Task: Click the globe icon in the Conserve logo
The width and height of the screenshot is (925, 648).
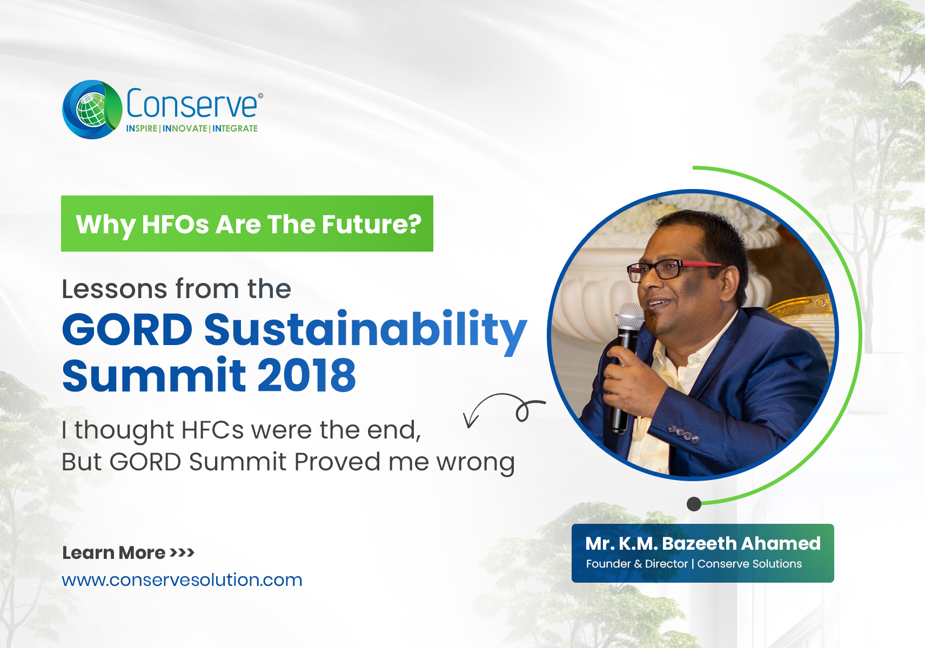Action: click(92, 110)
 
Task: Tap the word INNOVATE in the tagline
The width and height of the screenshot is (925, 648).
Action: click(185, 129)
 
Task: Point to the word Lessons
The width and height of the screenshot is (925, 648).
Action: click(115, 288)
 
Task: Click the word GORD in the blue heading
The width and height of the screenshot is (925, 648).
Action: click(127, 329)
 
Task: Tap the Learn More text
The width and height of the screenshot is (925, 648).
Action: click(113, 552)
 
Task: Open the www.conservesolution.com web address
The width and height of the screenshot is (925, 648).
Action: click(182, 580)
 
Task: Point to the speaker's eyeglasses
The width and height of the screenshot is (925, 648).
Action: click(673, 270)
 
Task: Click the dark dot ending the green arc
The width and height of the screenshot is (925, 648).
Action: click(694, 504)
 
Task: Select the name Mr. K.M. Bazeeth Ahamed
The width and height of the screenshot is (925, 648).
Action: click(703, 544)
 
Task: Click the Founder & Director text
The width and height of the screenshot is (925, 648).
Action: click(637, 564)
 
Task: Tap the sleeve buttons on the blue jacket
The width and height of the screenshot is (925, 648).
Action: click(684, 434)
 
